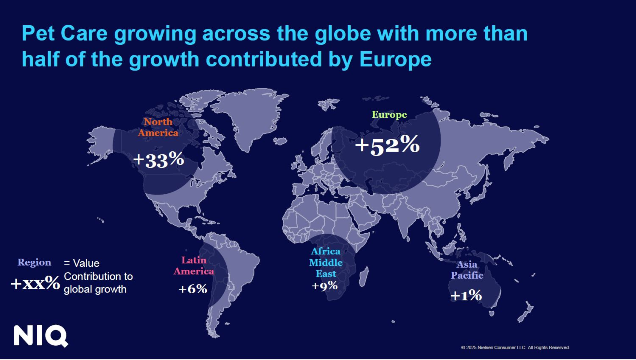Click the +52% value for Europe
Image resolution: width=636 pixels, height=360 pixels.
pyautogui.click(x=387, y=145)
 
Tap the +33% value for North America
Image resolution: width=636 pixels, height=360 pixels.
pyautogui.click(x=159, y=159)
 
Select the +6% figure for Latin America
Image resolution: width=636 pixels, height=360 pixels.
pyautogui.click(x=193, y=289)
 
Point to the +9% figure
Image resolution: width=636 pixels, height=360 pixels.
pyautogui.click(x=325, y=286)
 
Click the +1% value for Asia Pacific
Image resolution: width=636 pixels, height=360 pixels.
pyautogui.click(x=466, y=295)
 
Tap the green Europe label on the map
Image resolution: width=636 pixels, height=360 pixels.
pyautogui.click(x=389, y=115)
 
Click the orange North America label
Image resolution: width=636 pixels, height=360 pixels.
pyautogui.click(x=158, y=127)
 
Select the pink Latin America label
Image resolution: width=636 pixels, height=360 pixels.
pyautogui.click(x=197, y=266)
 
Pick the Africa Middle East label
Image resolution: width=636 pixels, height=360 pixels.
pyautogui.click(x=326, y=262)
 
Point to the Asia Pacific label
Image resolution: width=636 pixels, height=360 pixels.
pyautogui.click(x=467, y=270)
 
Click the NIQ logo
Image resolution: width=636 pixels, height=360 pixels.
pyautogui.click(x=41, y=336)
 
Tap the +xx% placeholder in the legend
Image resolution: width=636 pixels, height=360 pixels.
pyautogui.click(x=35, y=284)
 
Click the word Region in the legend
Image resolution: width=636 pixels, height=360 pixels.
pyautogui.click(x=34, y=262)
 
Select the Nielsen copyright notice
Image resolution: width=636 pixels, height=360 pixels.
pyautogui.click(x=515, y=347)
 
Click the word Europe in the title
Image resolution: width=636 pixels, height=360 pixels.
pyautogui.click(x=395, y=59)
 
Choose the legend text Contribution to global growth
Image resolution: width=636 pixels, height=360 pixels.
pyautogui.click(x=98, y=283)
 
